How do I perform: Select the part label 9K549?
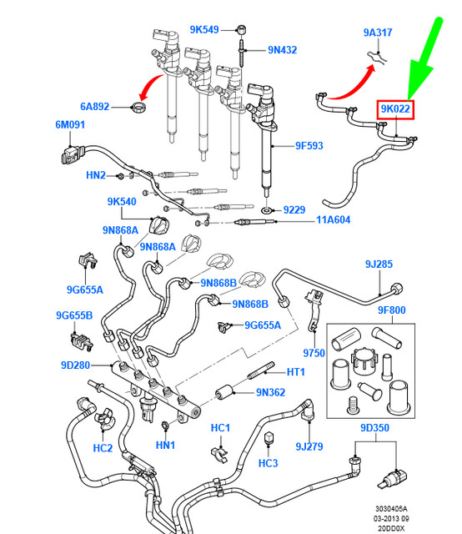(x=203, y=29)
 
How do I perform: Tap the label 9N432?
(x=282, y=50)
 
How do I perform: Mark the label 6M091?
(x=71, y=124)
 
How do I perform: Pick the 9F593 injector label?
(x=309, y=146)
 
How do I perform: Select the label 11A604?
(x=334, y=220)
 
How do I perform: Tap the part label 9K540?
(x=122, y=202)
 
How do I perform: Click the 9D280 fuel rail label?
(x=75, y=365)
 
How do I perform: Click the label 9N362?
(x=272, y=390)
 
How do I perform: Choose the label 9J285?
(x=378, y=264)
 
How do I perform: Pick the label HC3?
(x=268, y=463)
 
